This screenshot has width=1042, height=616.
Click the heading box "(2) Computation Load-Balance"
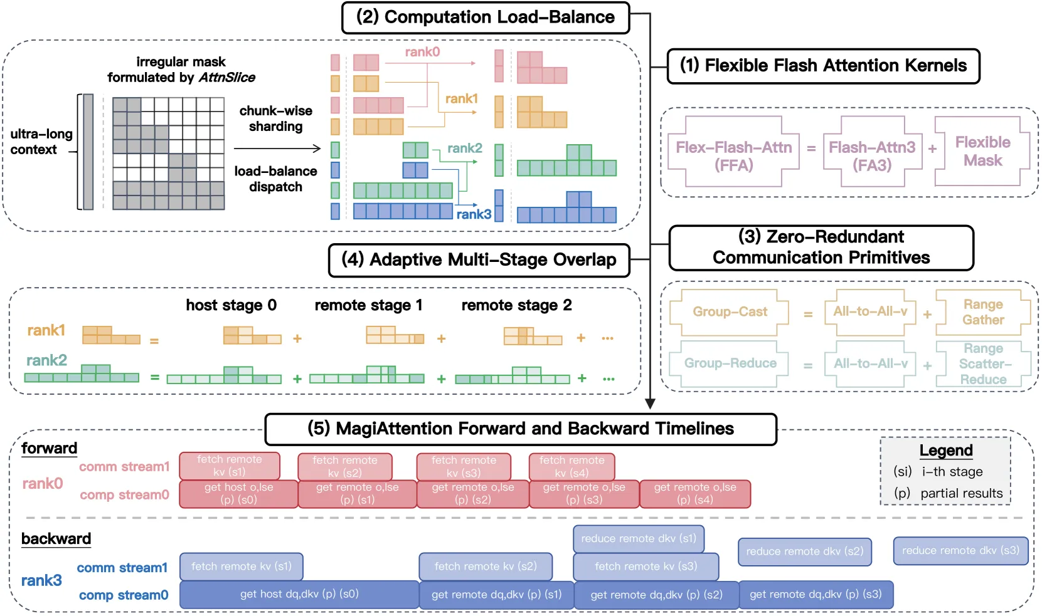[486, 18]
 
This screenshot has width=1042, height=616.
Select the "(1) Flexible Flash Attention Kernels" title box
[823, 66]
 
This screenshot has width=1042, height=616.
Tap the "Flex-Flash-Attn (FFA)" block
[733, 152]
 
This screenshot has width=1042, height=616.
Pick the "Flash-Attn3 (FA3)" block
[872, 152]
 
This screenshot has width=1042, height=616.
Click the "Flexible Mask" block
[982, 152]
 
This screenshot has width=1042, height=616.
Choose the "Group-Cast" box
[730, 311]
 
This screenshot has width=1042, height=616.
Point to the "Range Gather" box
[983, 312]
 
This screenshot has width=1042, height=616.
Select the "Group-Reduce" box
[730, 363]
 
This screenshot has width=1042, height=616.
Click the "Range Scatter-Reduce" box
[983, 363]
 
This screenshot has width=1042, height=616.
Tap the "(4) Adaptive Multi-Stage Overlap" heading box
[479, 260]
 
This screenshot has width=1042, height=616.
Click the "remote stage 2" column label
[516, 305]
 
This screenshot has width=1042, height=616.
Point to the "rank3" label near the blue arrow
[474, 214]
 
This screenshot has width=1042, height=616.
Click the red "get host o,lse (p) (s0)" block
[238, 494]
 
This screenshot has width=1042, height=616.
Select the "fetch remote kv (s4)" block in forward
[572, 467]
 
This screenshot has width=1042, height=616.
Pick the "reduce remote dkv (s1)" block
[639, 539]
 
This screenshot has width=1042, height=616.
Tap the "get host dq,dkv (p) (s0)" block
[299, 595]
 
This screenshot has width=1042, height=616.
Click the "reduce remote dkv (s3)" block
[960, 551]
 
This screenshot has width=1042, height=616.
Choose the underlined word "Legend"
[946, 451]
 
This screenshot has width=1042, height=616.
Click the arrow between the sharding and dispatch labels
[277, 149]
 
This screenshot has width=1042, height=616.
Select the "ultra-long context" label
[41, 142]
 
